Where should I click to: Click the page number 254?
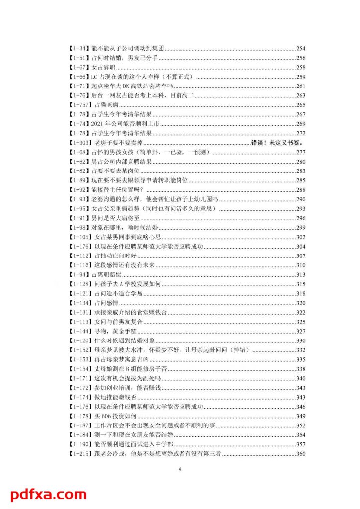(300, 48)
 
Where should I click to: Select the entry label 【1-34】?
(78, 48)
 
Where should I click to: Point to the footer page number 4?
(180, 468)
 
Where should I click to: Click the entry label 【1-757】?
(80, 105)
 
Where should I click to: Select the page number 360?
(300, 454)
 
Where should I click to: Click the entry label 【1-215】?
(80, 454)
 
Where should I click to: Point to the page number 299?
(300, 227)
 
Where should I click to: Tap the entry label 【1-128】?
(80, 284)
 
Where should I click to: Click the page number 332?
(300, 350)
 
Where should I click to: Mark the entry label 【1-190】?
(80, 444)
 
